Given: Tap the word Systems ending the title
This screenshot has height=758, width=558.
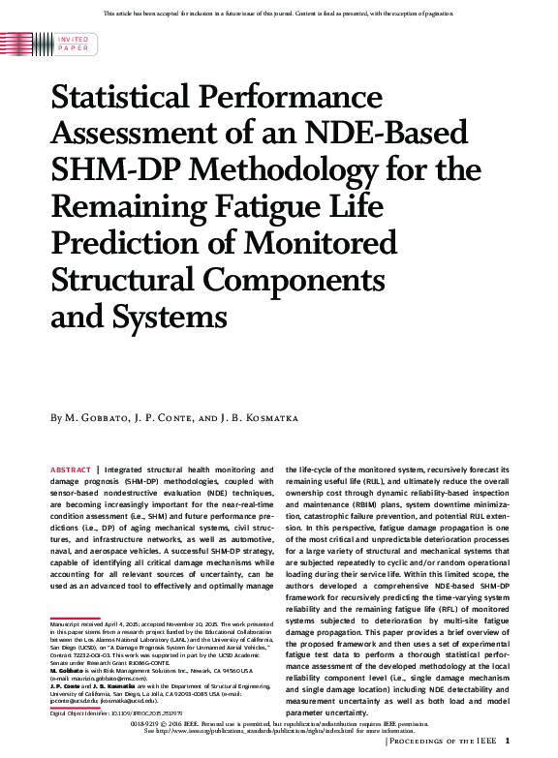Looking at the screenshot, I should click(x=170, y=317).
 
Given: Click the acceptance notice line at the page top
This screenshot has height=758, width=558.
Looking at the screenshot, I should click(x=279, y=12).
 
